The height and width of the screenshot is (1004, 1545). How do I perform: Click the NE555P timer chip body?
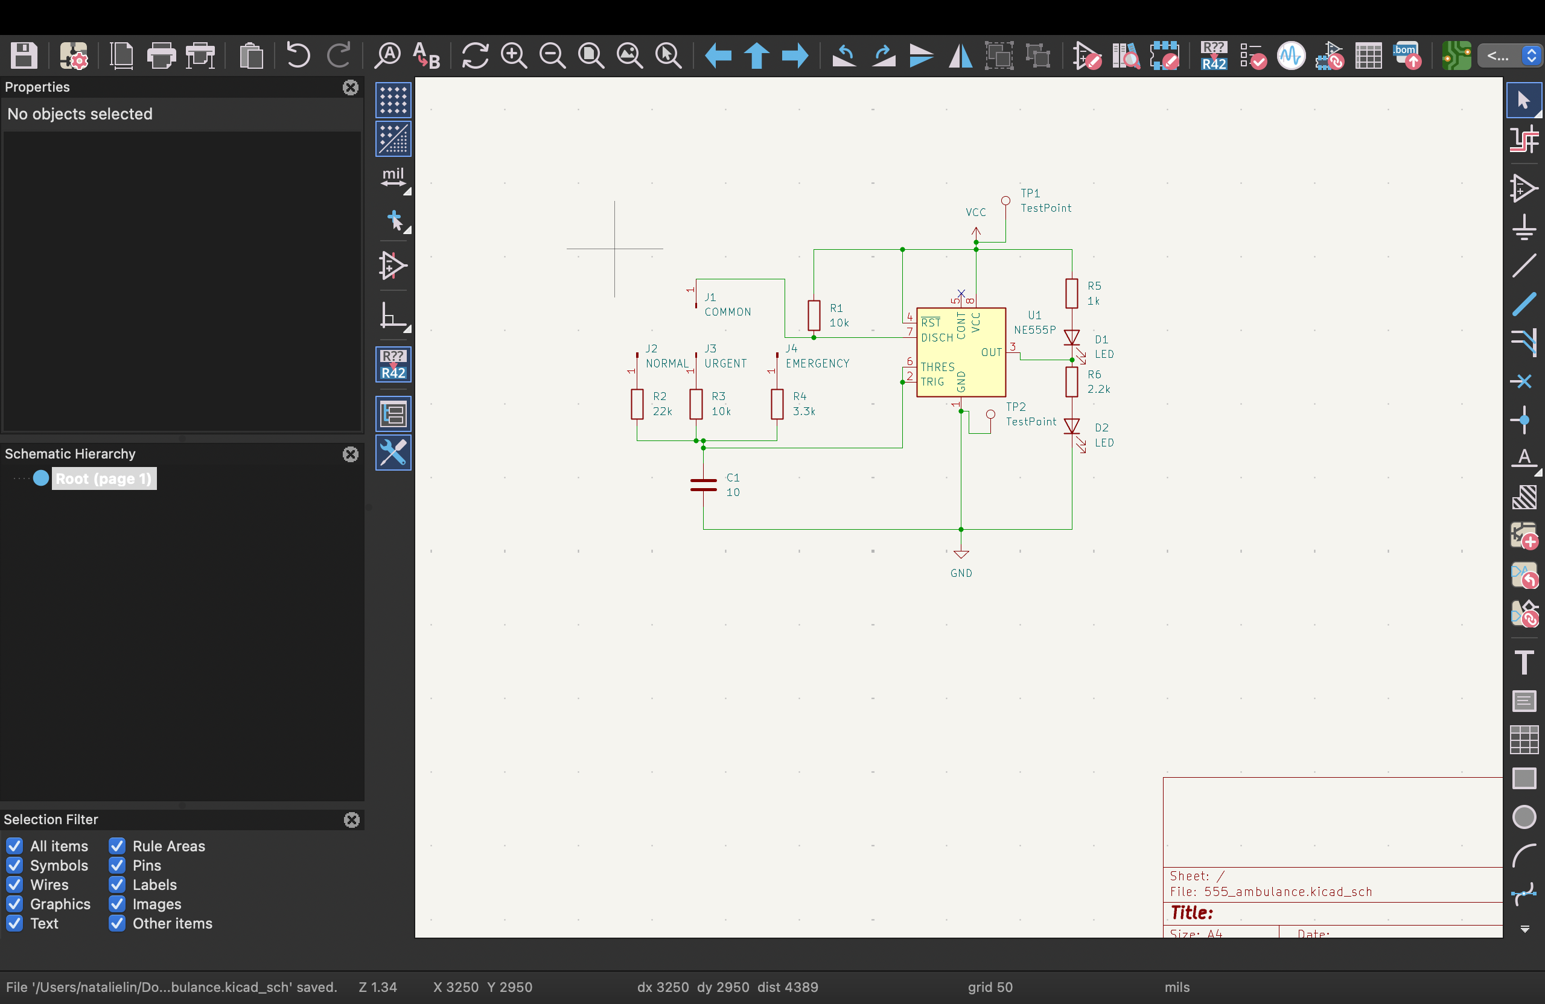click(x=961, y=352)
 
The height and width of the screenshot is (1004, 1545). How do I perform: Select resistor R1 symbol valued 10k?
click(x=814, y=316)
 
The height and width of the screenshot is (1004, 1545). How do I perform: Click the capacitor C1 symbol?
click(x=703, y=485)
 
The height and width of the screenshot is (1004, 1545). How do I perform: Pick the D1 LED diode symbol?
click(x=1072, y=337)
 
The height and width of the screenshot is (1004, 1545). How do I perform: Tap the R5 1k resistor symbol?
click(x=1072, y=293)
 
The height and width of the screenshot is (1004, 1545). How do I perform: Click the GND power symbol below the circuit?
click(x=961, y=554)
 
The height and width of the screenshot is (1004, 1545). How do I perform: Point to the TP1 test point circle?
click(x=1005, y=200)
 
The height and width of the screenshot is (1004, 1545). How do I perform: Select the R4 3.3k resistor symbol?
click(x=777, y=404)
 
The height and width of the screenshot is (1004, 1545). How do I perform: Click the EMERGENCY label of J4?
click(x=817, y=363)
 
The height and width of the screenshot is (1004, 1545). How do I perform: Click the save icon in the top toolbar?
click(x=24, y=56)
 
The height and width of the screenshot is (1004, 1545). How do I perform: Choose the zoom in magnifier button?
click(x=514, y=56)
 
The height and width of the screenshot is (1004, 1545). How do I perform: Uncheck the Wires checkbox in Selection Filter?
click(x=15, y=885)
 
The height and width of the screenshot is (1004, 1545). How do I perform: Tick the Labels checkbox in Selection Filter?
click(x=117, y=885)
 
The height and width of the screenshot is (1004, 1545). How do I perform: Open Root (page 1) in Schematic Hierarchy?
click(x=104, y=478)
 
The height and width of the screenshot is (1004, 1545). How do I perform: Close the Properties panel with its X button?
click(x=351, y=87)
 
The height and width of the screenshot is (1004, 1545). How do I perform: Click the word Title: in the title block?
click(x=1192, y=913)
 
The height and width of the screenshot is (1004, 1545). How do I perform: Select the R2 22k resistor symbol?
click(x=637, y=404)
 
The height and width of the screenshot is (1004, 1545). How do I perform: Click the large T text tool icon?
click(x=1524, y=662)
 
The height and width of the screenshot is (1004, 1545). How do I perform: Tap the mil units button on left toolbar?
click(x=393, y=178)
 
